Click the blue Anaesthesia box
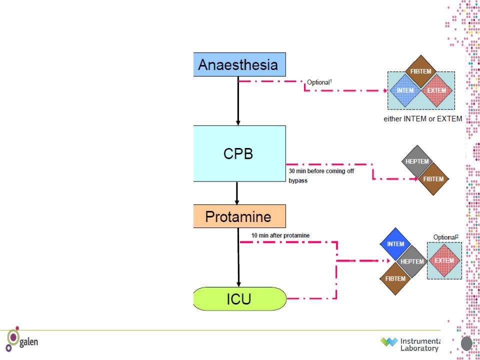239,64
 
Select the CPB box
239,153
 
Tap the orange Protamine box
239,216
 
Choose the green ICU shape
240,299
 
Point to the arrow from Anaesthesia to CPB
238,100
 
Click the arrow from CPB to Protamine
236,193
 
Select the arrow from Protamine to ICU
238,257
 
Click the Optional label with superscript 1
319,82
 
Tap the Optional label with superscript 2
446,237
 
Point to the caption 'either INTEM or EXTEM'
423,119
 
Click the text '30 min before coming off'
321,171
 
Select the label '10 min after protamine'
280,235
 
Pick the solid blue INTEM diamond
396,244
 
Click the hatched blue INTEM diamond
405,90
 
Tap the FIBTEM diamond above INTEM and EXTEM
421,71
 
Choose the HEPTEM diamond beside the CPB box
417,161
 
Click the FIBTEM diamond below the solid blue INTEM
395,278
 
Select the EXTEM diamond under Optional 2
444,260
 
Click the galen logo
21,339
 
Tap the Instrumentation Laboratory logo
410,344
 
